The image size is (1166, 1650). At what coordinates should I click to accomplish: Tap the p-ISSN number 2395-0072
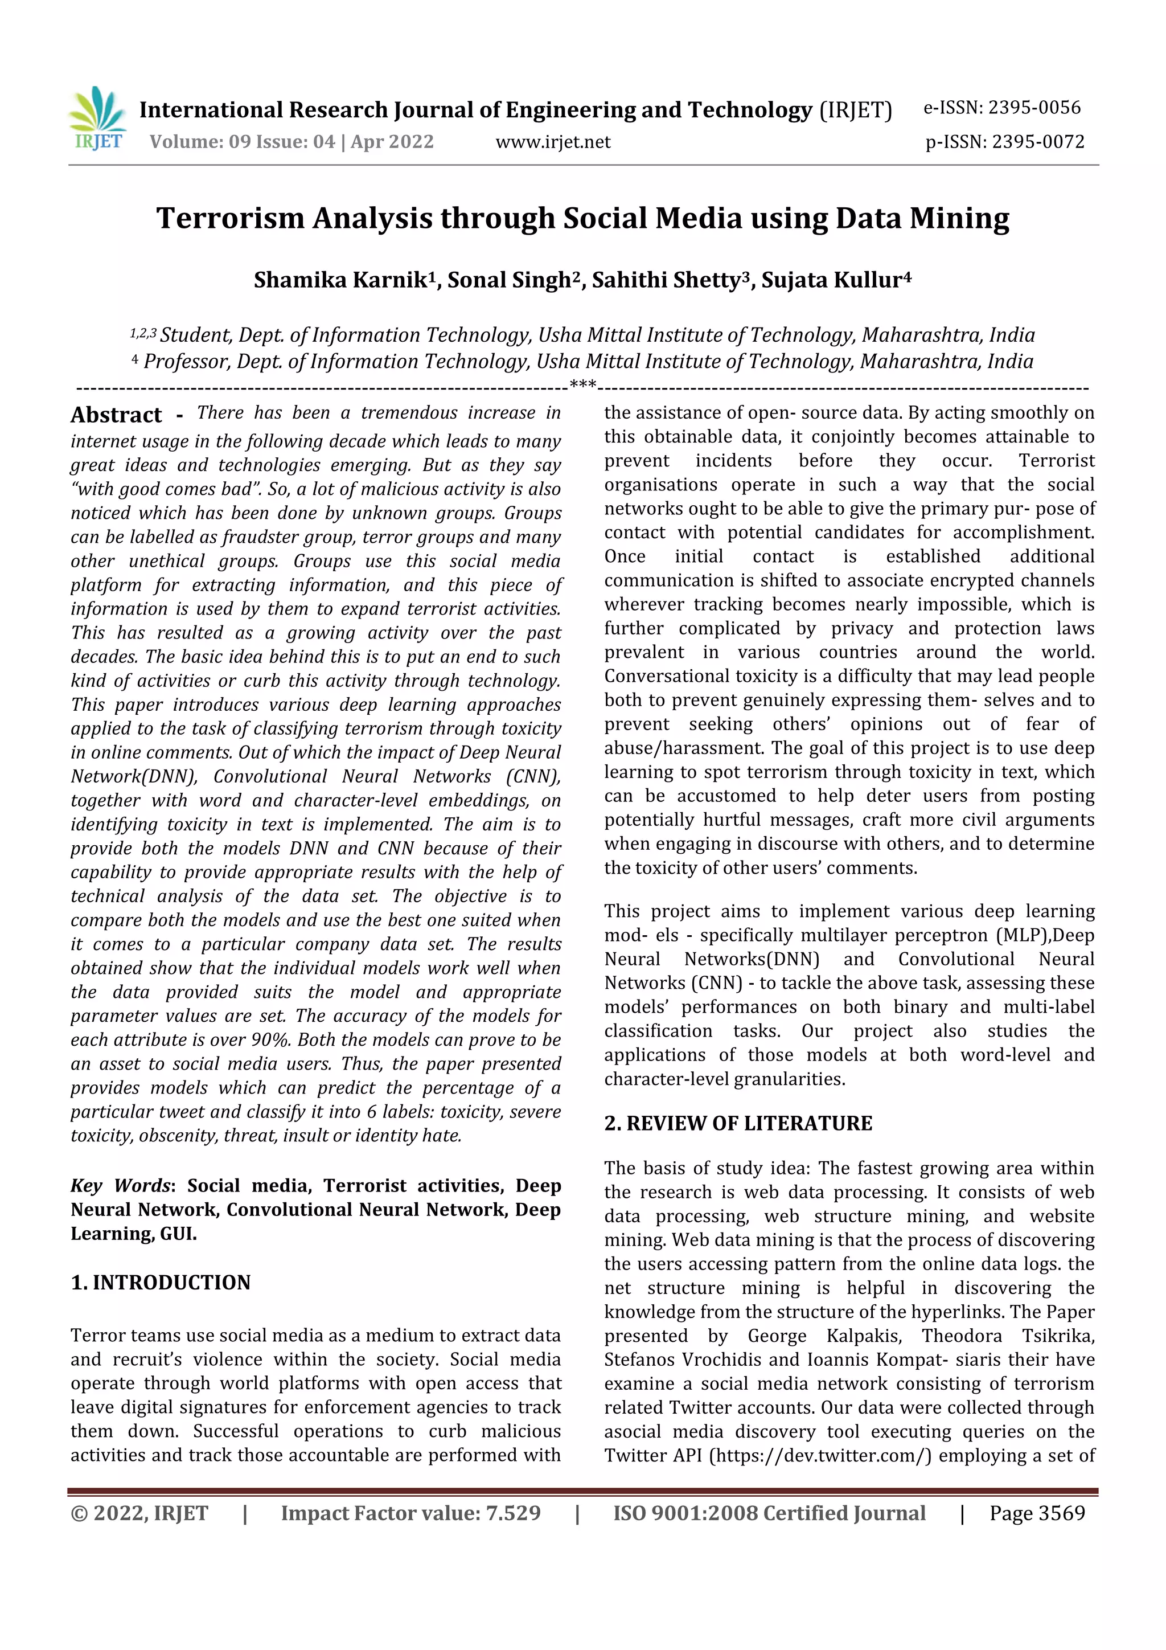click(x=1037, y=142)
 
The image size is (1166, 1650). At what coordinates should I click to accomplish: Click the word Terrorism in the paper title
click(x=231, y=219)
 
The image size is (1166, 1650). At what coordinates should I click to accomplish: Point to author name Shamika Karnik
click(x=340, y=280)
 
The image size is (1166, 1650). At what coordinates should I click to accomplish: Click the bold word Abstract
click(x=116, y=415)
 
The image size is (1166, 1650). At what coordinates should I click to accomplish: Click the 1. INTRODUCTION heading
click(x=161, y=1282)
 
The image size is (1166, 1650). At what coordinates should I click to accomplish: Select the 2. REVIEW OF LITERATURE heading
click(x=738, y=1123)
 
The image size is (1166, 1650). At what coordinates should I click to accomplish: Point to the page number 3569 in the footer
click(x=1061, y=1513)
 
